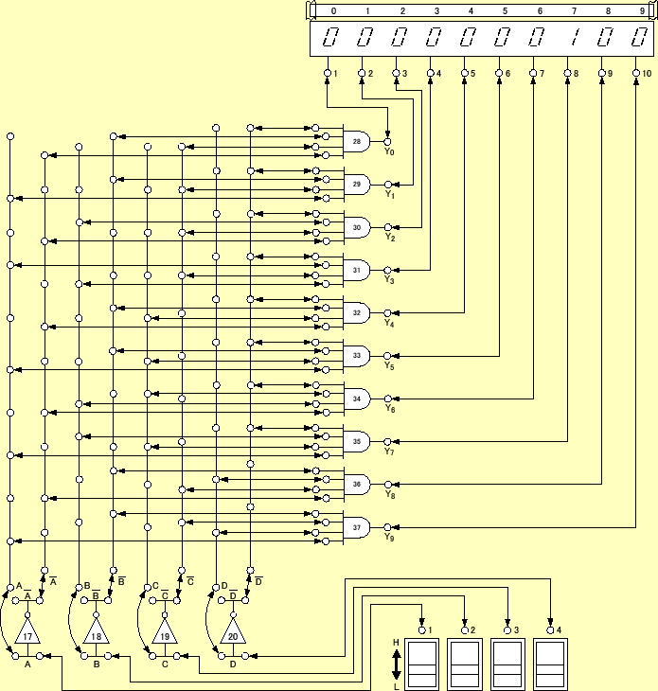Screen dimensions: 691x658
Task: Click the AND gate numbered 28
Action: click(357, 142)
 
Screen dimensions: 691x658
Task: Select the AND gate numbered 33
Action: click(357, 356)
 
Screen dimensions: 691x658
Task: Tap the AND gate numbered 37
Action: click(357, 527)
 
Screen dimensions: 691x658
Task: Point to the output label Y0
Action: click(389, 152)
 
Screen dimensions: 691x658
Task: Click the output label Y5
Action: click(389, 366)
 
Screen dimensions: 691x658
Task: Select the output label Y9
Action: click(389, 538)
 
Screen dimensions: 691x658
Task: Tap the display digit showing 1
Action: click(573, 39)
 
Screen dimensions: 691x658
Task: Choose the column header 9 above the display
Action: click(643, 11)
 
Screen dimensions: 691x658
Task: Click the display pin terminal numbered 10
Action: click(636, 73)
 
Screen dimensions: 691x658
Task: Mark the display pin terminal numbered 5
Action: click(464, 73)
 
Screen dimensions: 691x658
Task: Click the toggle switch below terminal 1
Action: click(422, 663)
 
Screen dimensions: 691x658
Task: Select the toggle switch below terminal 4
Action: click(551, 663)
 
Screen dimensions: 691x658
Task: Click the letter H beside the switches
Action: click(396, 642)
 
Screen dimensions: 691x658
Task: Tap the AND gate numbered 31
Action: click(357, 271)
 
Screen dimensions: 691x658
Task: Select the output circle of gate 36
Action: click(387, 484)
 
